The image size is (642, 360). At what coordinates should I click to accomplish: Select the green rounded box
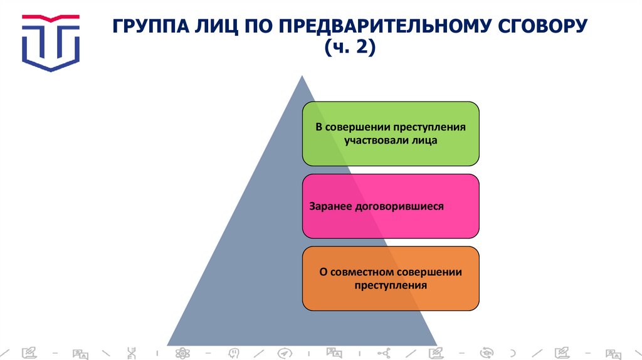pos(391,134)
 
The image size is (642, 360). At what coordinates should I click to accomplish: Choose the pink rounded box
pos(391,206)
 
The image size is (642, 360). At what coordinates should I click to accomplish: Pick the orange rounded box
pos(391,278)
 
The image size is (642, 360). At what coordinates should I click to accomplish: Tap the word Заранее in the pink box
pos(329,206)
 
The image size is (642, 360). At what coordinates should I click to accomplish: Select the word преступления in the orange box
pos(391,285)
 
